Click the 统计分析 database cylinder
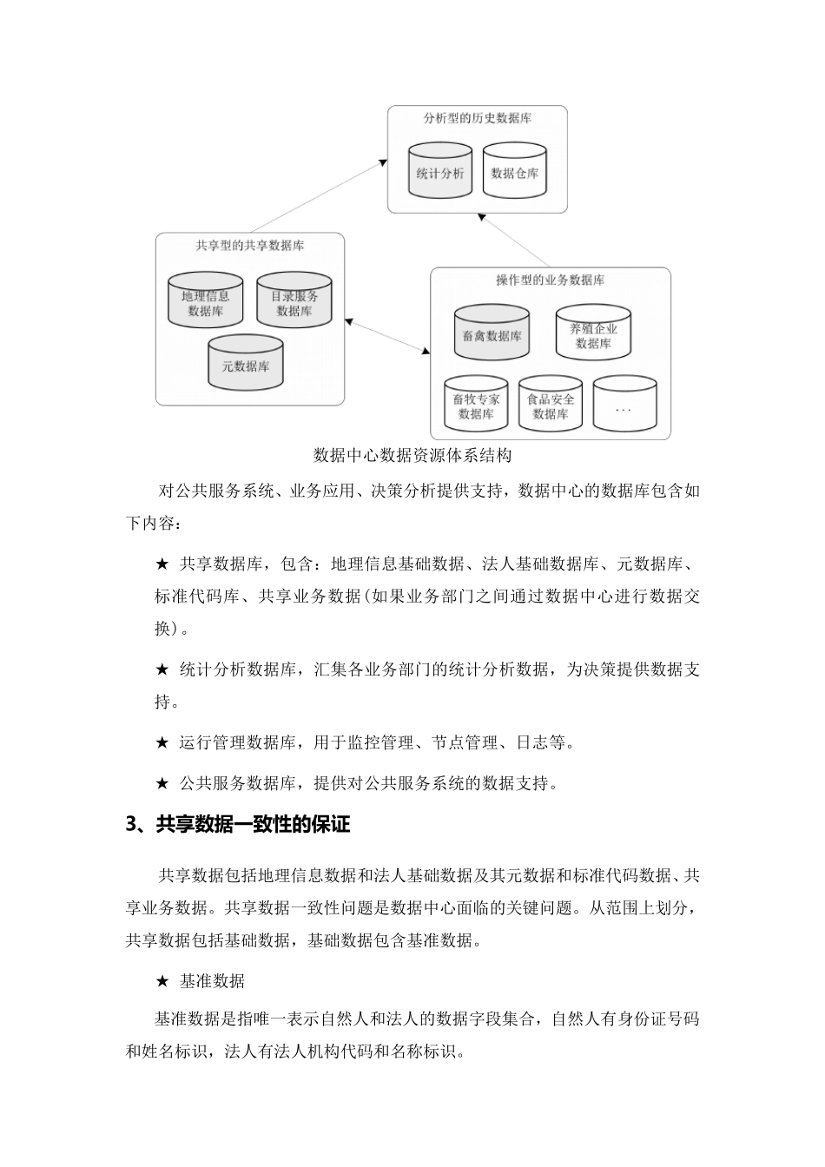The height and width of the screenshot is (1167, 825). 440,173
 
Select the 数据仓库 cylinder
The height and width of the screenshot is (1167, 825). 515,173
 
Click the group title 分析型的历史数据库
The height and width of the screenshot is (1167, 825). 477,118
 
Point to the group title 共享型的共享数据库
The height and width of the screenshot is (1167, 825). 250,246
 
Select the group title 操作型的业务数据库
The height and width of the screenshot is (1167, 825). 550,280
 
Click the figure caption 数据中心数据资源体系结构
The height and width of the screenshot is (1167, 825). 412,455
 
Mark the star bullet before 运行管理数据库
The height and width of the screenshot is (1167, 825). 162,742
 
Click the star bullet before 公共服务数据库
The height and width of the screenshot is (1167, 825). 162,783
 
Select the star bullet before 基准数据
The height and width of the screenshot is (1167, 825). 162,982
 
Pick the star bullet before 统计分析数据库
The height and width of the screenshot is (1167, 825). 162,669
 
